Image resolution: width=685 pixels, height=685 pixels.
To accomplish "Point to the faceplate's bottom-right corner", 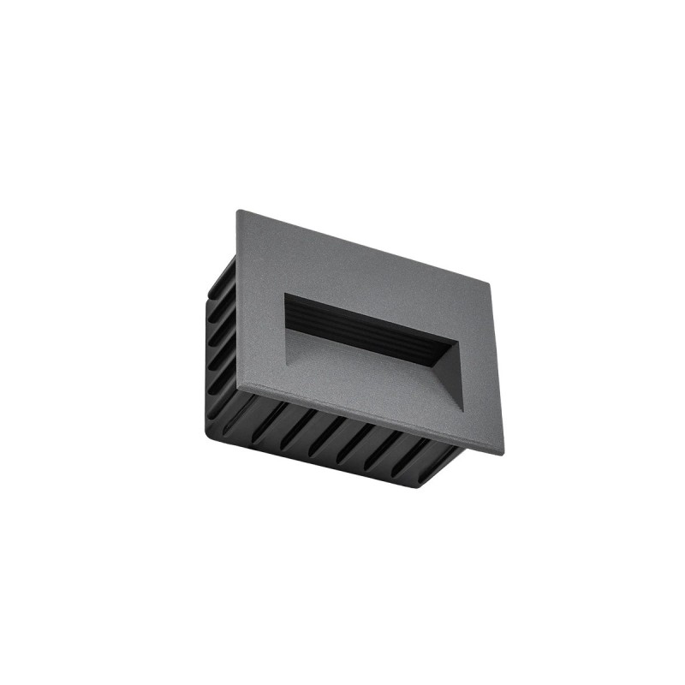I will tap(503, 451).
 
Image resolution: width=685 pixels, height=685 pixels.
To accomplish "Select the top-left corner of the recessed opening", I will tap(285, 293).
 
